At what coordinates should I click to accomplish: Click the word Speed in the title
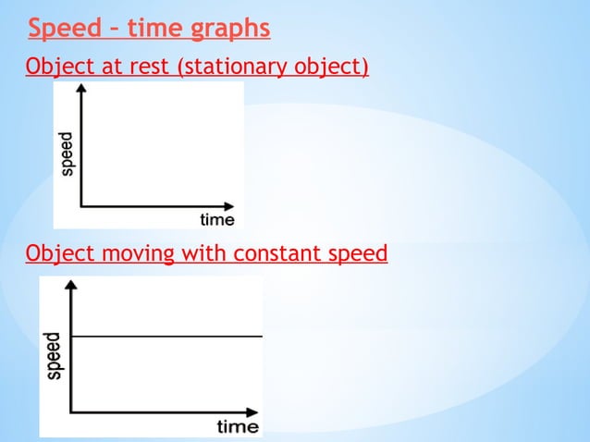[x=63, y=30]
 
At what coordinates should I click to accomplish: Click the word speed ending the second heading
[x=357, y=253]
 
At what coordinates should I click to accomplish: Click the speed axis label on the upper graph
[x=68, y=153]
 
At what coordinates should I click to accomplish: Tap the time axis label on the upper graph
[x=217, y=220]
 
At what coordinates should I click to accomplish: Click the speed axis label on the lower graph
[x=55, y=356]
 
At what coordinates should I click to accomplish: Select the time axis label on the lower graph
[x=238, y=426]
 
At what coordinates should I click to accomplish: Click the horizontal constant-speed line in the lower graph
[x=166, y=336]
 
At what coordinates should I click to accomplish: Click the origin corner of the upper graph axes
[x=81, y=206]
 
